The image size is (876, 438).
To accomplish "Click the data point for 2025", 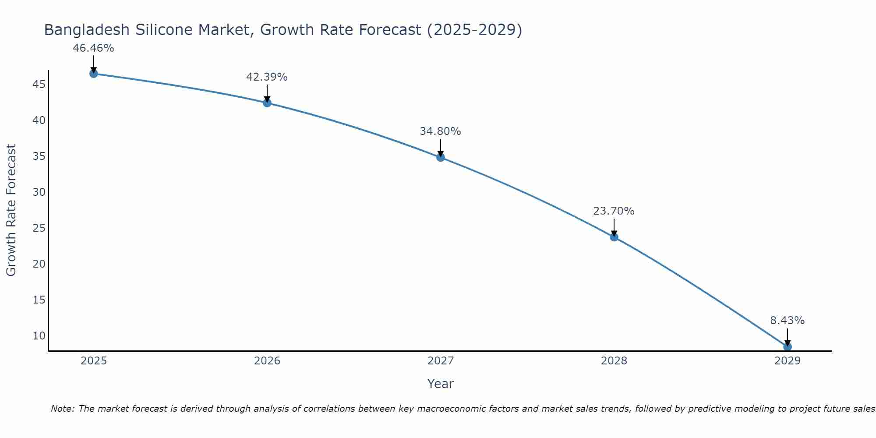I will pyautogui.click(x=93, y=74).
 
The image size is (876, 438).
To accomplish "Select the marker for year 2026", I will pyautogui.click(x=267, y=103).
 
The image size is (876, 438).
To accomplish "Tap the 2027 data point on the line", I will pyautogui.click(x=441, y=157).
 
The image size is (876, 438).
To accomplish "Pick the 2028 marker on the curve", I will pyautogui.click(x=614, y=237).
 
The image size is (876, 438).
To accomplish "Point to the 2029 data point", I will pyautogui.click(x=788, y=347).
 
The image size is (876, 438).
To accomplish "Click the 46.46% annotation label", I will pyautogui.click(x=93, y=48).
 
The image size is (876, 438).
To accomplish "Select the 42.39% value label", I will pyautogui.click(x=267, y=77).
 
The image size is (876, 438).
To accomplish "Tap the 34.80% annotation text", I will pyautogui.click(x=440, y=131).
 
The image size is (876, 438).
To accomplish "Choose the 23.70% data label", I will pyautogui.click(x=614, y=211).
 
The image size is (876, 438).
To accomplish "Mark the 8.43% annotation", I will pyautogui.click(x=787, y=321).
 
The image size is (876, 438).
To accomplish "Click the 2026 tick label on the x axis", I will pyautogui.click(x=267, y=361).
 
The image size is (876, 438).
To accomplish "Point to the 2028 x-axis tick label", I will pyautogui.click(x=614, y=361).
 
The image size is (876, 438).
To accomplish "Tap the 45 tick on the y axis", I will pyautogui.click(x=39, y=84).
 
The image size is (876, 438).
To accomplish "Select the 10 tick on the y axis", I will pyautogui.click(x=39, y=336).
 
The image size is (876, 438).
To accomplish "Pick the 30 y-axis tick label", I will pyautogui.click(x=39, y=192).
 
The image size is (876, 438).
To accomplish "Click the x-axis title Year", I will pyautogui.click(x=440, y=384).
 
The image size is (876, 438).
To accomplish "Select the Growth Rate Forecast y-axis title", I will pyautogui.click(x=11, y=210).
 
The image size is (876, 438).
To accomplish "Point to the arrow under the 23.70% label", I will pyautogui.click(x=614, y=227).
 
